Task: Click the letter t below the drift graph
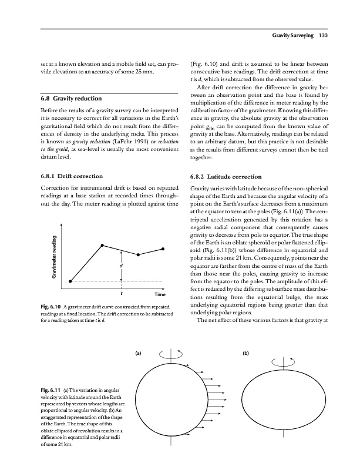pyautogui.click(x=121, y=293)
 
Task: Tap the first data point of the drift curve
pyautogui.click(x=70, y=281)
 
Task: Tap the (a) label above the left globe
pyautogui.click(x=138, y=354)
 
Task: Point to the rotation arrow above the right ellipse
pyautogui.click(x=275, y=354)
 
